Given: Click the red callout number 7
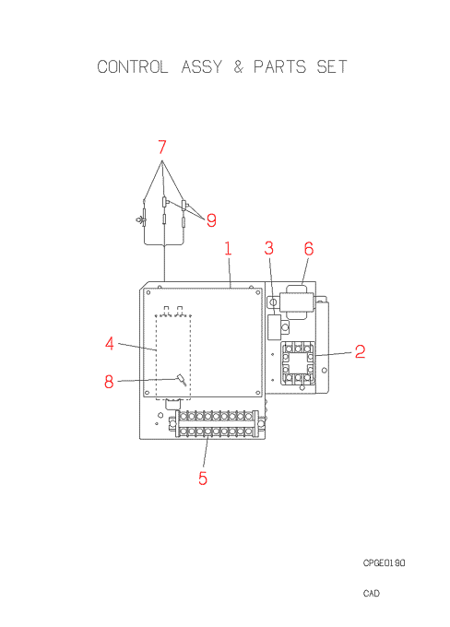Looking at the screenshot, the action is point(161,147).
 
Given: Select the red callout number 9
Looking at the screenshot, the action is point(211,220).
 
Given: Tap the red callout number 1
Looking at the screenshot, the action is point(228,248).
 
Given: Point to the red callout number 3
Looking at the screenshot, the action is point(268,248).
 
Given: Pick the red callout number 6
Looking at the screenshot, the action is point(309,249).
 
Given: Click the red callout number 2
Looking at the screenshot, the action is point(360,351).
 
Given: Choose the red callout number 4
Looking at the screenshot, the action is point(110,344).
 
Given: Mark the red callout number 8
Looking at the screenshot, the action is point(109,382).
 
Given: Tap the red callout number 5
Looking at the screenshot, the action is point(203,479).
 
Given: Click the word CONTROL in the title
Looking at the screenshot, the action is point(133,66).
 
